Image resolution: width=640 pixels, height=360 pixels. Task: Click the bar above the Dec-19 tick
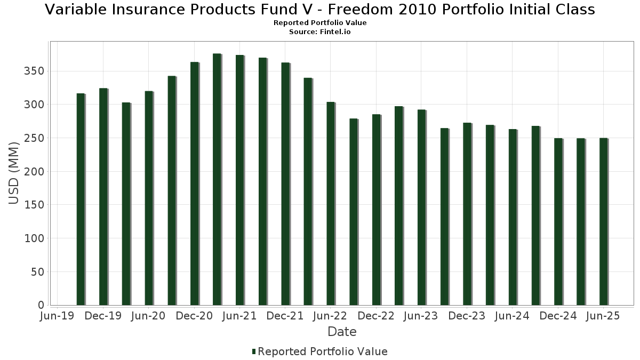click(103, 197)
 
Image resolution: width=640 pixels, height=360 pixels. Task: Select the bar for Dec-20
click(194, 184)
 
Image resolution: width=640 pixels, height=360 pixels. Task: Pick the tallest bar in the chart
click(217, 180)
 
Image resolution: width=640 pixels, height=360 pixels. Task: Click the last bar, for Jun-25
click(603, 221)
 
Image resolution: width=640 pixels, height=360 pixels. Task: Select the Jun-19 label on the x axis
click(58, 316)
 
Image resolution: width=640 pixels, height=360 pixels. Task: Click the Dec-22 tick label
click(376, 316)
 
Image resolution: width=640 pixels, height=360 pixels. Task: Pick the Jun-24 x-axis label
click(512, 316)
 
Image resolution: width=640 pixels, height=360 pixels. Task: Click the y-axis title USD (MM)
click(14, 173)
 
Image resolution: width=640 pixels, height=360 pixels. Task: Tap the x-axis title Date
click(342, 332)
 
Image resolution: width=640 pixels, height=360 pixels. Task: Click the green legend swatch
click(254, 351)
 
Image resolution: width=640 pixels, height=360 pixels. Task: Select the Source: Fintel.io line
click(320, 32)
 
